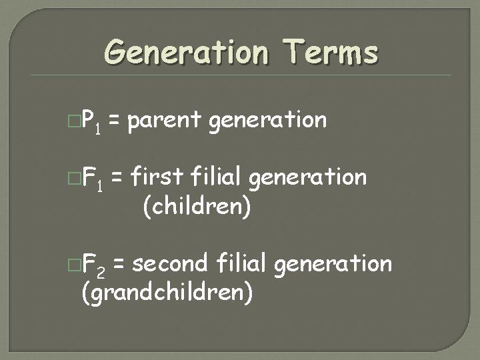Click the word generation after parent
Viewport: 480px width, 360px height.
268,121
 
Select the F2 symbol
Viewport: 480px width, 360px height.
93,265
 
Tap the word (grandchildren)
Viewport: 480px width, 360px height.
167,291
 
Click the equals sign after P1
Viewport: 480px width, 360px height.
115,121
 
